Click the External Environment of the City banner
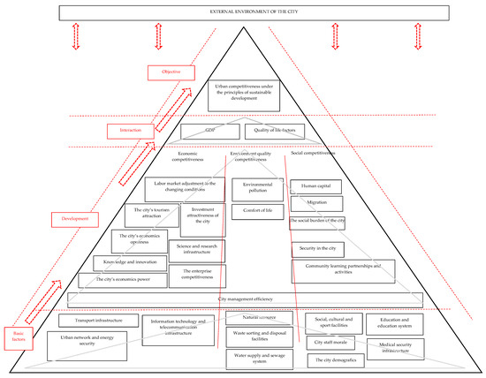coord(243,12)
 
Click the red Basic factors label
coord(19,331)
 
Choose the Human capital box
coord(313,186)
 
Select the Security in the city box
coord(315,248)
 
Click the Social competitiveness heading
coord(313,153)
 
